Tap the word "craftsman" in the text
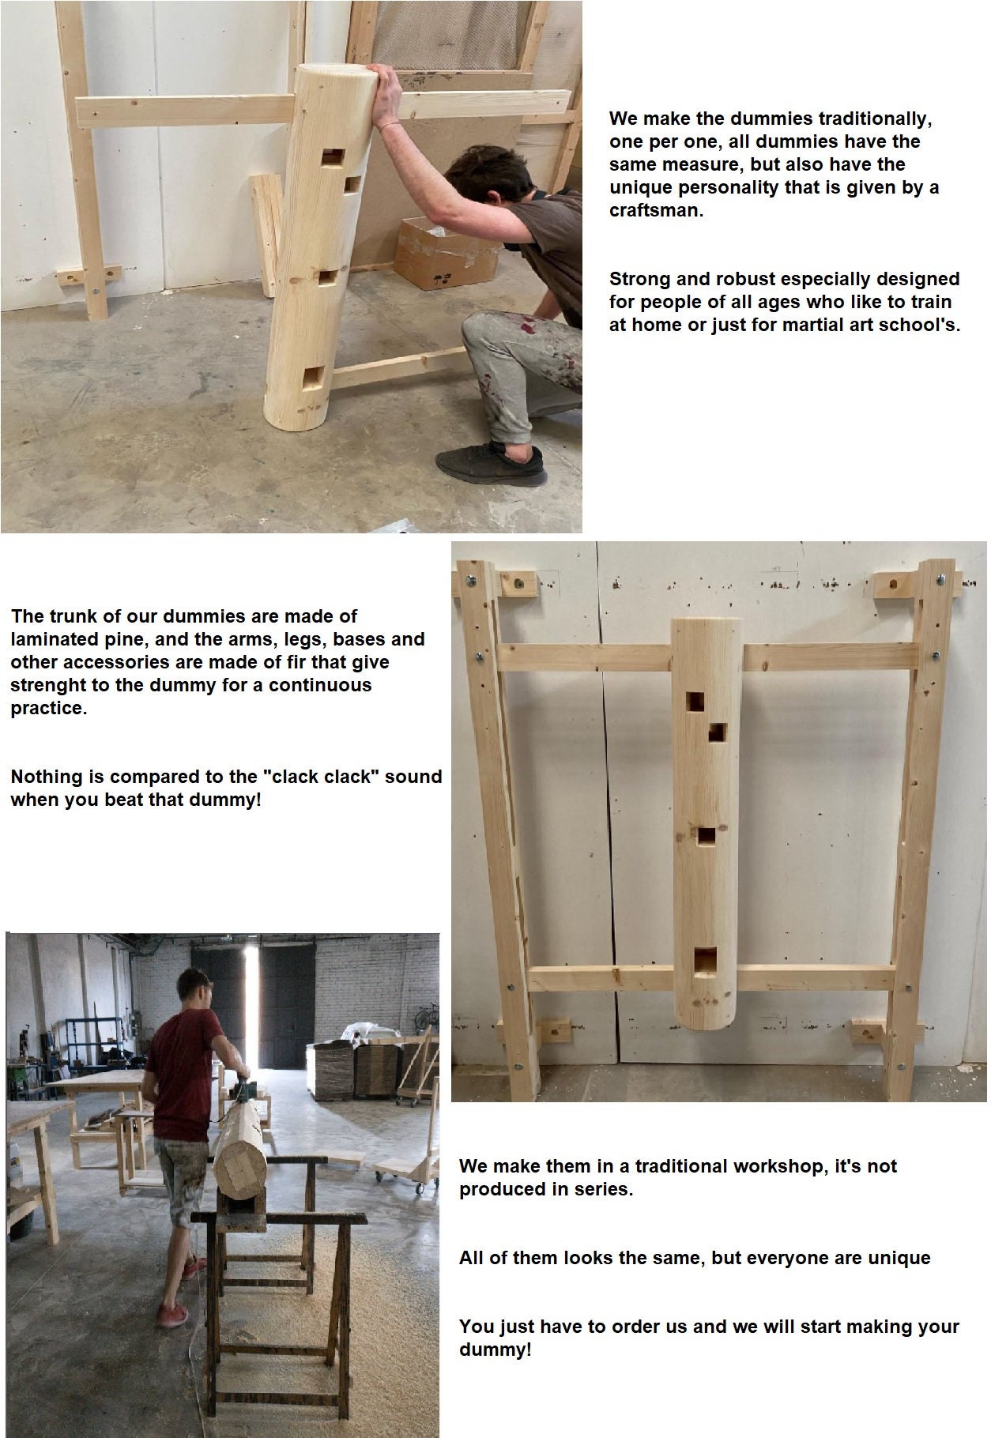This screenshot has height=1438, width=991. (654, 211)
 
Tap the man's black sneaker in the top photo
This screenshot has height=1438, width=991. (492, 464)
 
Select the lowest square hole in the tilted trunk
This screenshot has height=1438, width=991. (313, 377)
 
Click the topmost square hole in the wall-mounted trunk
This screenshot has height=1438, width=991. (695, 702)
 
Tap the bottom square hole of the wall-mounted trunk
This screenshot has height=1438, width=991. (705, 959)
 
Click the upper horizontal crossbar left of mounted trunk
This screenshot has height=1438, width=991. (585, 657)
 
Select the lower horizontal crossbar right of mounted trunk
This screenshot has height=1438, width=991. (814, 978)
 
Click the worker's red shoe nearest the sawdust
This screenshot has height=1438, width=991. (173, 1316)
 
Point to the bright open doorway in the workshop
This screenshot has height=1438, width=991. (251, 1003)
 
